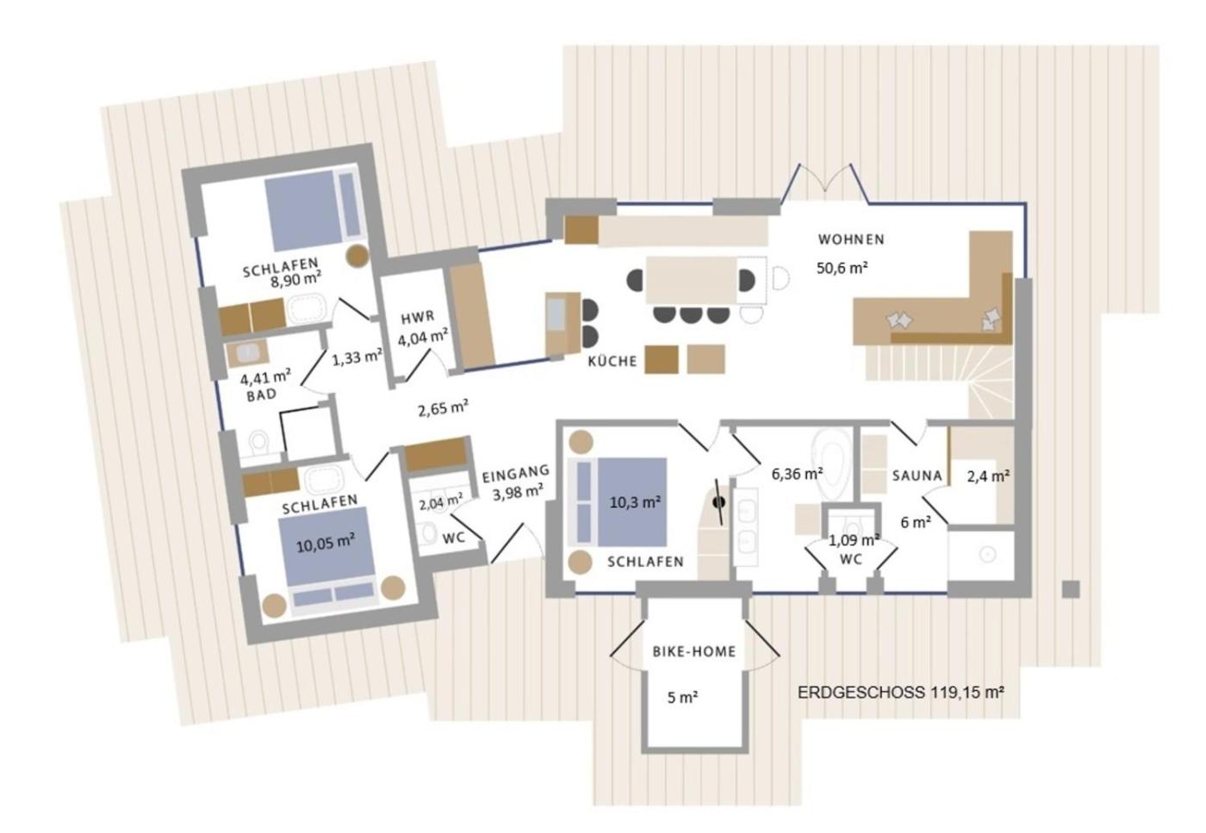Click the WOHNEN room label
pyautogui.click(x=851, y=239)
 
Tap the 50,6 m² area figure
pyautogui.click(x=842, y=268)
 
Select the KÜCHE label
pyautogui.click(x=612, y=361)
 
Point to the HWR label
pyautogui.click(x=417, y=318)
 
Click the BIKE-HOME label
pyautogui.click(x=694, y=651)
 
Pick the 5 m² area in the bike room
pyautogui.click(x=682, y=697)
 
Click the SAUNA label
pyautogui.click(x=917, y=476)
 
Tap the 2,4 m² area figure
pyautogui.click(x=988, y=476)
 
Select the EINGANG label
pyautogui.click(x=516, y=474)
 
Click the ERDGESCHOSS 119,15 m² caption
pyautogui.click(x=901, y=693)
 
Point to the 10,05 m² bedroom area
pyautogui.click(x=326, y=543)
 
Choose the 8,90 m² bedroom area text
pyautogui.click(x=295, y=280)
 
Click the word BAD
pyautogui.click(x=262, y=395)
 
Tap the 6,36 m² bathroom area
pyautogui.click(x=797, y=474)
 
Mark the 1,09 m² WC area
pyautogui.click(x=854, y=540)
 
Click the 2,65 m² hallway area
pyautogui.click(x=443, y=407)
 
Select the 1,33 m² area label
pyautogui.click(x=357, y=357)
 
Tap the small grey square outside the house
pyautogui.click(x=1071, y=589)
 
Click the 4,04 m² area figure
pyautogui.click(x=423, y=338)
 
